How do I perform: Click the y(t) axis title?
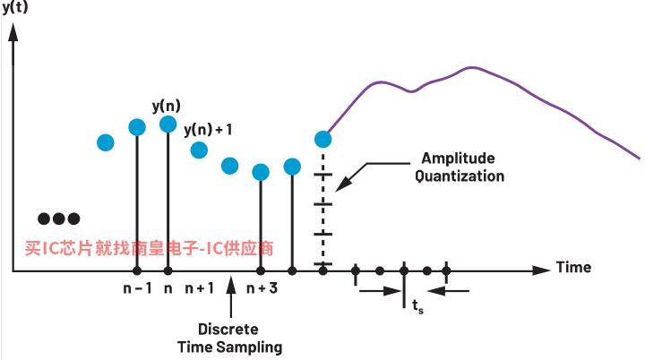(x=15, y=7)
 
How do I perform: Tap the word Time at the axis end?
(x=574, y=268)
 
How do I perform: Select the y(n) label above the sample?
(x=167, y=107)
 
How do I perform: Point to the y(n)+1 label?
(x=208, y=130)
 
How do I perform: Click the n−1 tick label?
(x=137, y=288)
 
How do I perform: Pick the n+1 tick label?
(x=200, y=288)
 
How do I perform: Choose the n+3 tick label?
(x=262, y=288)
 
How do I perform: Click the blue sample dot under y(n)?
(x=168, y=124)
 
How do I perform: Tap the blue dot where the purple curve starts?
(x=322, y=140)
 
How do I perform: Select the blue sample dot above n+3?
(x=261, y=172)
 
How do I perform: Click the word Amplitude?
(x=459, y=159)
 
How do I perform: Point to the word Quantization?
(x=460, y=176)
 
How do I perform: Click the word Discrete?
(x=228, y=330)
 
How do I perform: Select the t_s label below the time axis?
(x=418, y=305)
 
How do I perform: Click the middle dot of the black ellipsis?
(x=59, y=219)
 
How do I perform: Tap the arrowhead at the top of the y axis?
(x=13, y=32)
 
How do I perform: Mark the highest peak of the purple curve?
(x=472, y=67)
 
